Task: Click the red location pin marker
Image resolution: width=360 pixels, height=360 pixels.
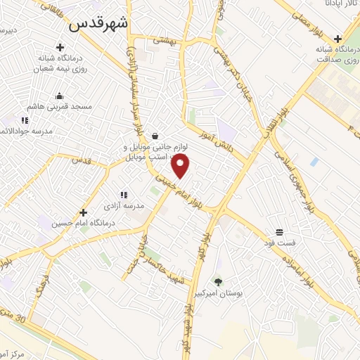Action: point(181,167)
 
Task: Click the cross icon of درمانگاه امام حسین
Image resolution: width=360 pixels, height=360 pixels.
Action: point(83,212)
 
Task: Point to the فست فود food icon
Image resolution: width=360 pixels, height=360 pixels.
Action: point(280,232)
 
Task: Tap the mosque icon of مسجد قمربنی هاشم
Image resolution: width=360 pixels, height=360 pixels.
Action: point(58,96)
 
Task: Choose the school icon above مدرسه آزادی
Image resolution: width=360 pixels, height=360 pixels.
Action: point(123,195)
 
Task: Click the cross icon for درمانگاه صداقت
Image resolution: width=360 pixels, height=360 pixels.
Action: point(338,39)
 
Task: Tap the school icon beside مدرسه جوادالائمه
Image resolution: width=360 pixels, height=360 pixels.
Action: point(25,120)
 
